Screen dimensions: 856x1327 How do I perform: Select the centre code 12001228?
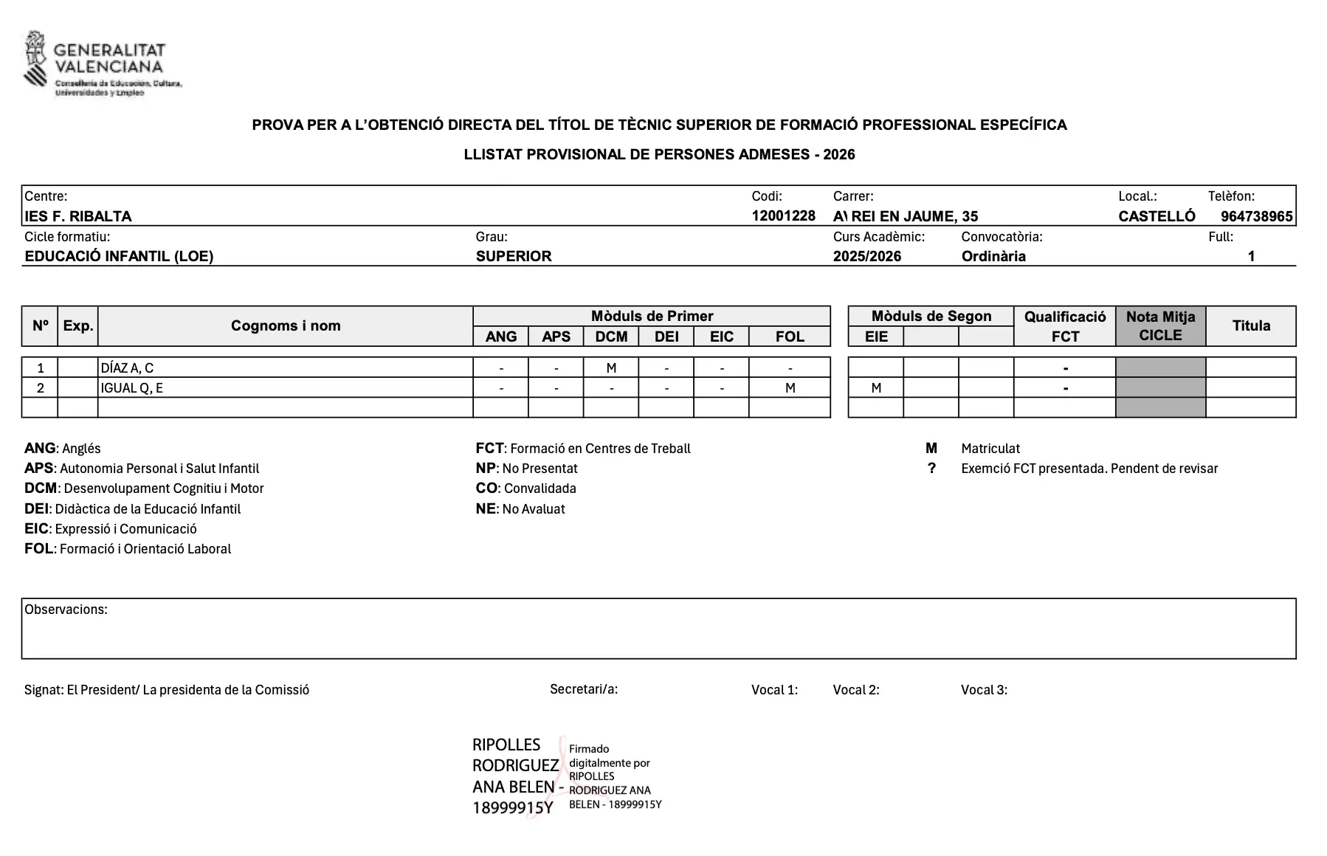click(x=783, y=215)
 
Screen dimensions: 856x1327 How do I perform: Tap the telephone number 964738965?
click(x=1256, y=216)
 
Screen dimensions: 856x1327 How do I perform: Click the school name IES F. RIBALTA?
click(x=78, y=216)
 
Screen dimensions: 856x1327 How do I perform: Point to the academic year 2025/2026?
click(x=866, y=256)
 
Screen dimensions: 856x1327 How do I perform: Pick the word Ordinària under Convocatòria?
click(x=993, y=256)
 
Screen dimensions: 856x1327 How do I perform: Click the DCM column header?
click(x=611, y=336)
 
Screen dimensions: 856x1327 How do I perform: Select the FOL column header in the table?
click(x=789, y=336)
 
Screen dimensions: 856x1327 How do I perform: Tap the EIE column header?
click(x=876, y=336)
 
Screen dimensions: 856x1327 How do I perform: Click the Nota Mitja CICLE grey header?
click(x=1160, y=325)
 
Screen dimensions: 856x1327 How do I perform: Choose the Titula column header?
click(x=1251, y=325)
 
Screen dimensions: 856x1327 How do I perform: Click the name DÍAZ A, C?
click(x=127, y=367)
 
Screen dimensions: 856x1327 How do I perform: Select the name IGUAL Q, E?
click(x=131, y=388)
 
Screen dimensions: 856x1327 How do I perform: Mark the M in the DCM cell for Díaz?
click(x=611, y=367)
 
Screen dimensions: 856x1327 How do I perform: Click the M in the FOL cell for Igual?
click(x=790, y=388)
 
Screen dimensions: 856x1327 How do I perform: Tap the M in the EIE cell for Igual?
click(x=876, y=388)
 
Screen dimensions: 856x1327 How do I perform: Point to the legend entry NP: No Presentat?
click(x=526, y=469)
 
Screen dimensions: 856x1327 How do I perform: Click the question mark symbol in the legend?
click(x=931, y=469)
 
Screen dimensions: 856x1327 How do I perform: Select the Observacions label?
click(x=66, y=610)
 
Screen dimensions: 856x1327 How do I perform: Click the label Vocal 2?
click(x=855, y=690)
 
